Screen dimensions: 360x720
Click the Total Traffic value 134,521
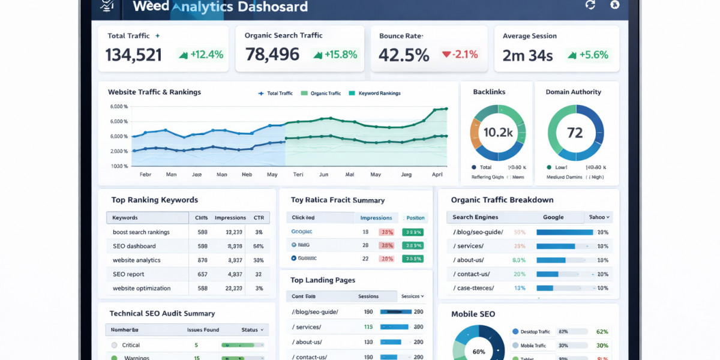tap(133, 55)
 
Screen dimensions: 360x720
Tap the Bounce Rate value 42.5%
tap(404, 55)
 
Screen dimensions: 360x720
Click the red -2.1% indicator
tap(460, 55)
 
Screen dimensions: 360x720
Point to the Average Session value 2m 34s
tap(527, 55)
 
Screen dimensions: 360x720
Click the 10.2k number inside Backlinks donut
tap(498, 133)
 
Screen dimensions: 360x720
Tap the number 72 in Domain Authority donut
tap(575, 133)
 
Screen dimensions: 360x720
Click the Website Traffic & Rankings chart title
tap(154, 92)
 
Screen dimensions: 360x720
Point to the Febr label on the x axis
tap(145, 175)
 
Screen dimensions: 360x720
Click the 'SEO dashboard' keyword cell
tap(134, 246)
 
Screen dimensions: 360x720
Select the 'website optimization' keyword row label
tap(141, 288)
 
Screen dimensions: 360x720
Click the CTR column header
tap(259, 218)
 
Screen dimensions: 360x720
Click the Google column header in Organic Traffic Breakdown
tap(553, 217)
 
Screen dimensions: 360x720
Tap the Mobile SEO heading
tap(473, 314)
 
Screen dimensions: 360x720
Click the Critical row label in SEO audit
tap(131, 345)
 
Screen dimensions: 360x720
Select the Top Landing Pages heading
tap(323, 280)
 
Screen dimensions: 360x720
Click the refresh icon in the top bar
tap(590, 5)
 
